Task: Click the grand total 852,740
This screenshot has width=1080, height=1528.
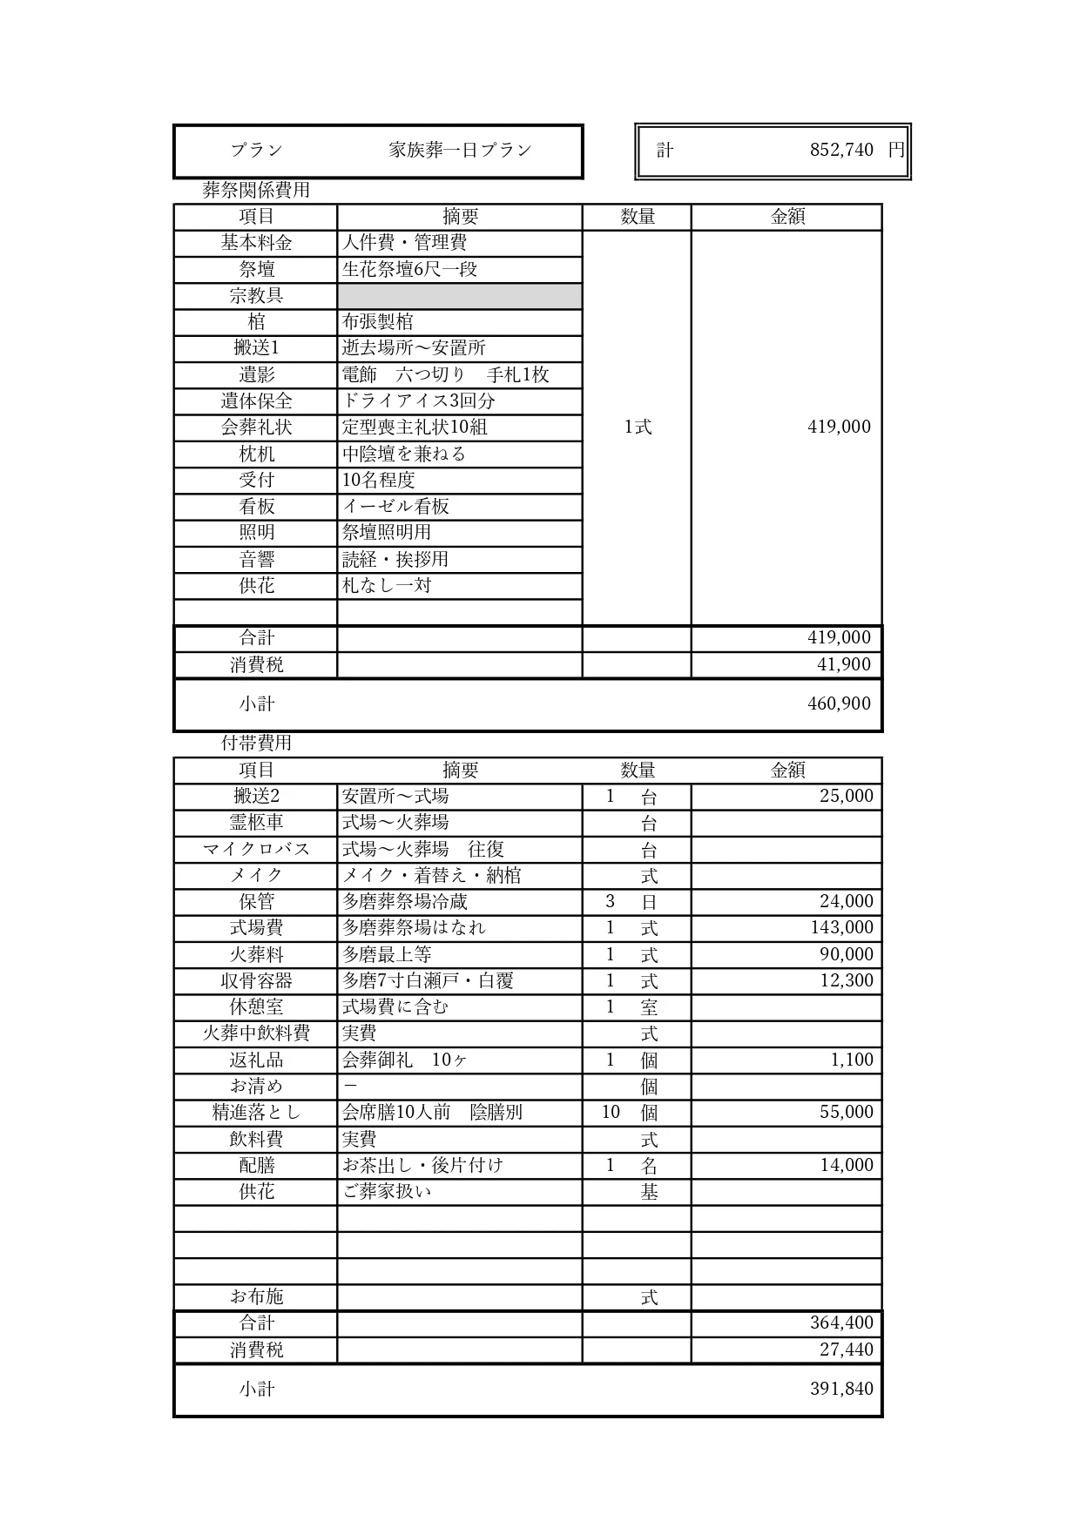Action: pyautogui.click(x=840, y=151)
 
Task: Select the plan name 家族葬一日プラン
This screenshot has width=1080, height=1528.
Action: pyautogui.click(x=460, y=151)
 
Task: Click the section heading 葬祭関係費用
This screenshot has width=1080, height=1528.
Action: pyautogui.click(x=256, y=190)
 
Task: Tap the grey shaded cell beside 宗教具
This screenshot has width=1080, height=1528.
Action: pyautogui.click(x=459, y=296)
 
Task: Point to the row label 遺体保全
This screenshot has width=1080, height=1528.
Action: pyautogui.click(x=256, y=401)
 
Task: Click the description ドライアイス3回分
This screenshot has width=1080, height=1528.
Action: pyautogui.click(x=418, y=401)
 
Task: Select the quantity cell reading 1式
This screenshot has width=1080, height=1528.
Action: pyautogui.click(x=637, y=427)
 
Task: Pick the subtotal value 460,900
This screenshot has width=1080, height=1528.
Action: pyautogui.click(x=839, y=703)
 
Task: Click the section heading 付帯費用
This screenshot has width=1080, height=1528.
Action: pyautogui.click(x=256, y=744)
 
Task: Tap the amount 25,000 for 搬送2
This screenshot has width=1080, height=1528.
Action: pyautogui.click(x=846, y=796)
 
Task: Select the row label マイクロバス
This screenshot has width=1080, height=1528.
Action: pyautogui.click(x=256, y=849)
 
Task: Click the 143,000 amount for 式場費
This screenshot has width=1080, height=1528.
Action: pyautogui.click(x=841, y=928)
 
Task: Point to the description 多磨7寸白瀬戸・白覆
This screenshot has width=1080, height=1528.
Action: pyautogui.click(x=428, y=981)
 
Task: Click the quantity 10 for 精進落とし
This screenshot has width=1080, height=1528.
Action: pyautogui.click(x=611, y=1113)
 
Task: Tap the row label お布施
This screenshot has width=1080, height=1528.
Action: pyautogui.click(x=256, y=1297)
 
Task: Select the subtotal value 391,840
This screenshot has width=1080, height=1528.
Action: pyautogui.click(x=841, y=1390)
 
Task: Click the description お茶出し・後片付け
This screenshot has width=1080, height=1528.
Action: pyautogui.click(x=422, y=1166)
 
